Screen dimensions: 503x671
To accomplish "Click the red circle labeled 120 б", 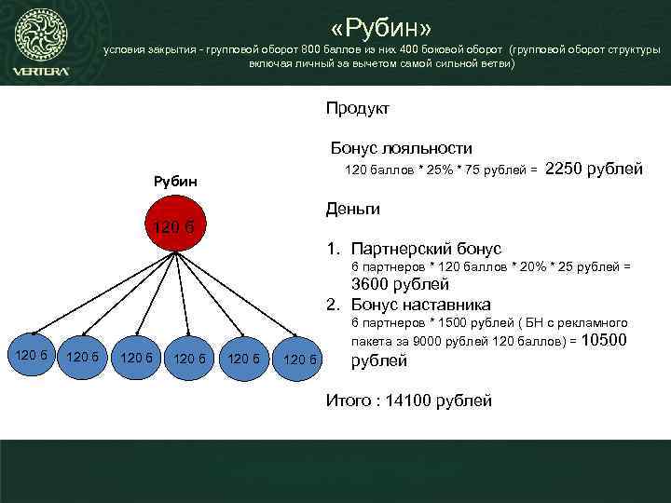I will pos(174,226).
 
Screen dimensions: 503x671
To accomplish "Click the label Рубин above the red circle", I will pos(174,180).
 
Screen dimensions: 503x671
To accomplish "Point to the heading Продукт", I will pos(358,109).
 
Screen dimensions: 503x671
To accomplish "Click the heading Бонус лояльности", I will pos(402,148).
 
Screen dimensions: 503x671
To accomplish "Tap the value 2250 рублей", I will pos(594,169).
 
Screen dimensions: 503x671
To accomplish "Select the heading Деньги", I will pos(352,209).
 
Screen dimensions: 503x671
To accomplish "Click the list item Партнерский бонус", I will pos(425,249).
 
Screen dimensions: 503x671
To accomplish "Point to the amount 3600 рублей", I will pos(400,285).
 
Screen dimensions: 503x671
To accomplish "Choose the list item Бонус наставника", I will pos(420,305).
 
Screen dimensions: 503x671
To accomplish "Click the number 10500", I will pos(606,341).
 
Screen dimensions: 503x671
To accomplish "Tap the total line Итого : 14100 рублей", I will pos(407,401).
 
